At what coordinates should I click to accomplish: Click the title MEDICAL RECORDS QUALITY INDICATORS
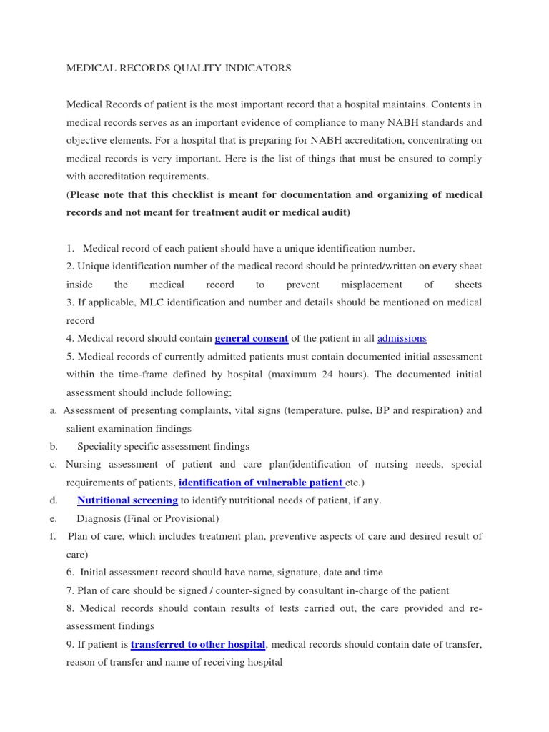point(179,69)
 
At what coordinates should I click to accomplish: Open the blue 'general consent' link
point(251,338)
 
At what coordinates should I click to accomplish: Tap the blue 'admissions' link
point(402,338)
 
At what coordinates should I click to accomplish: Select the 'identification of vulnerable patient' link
point(261,483)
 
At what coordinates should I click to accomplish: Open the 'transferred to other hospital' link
point(198,644)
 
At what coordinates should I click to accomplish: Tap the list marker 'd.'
point(54,500)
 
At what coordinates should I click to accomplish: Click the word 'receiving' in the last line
point(219,662)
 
